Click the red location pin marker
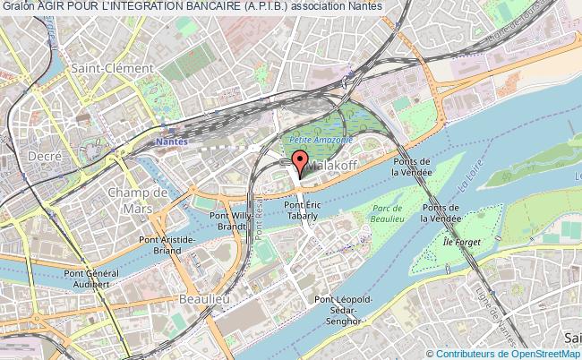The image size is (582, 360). point(297,164)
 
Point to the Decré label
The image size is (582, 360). point(44,155)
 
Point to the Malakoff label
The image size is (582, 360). point(330,166)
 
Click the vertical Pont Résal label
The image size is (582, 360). point(257,219)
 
